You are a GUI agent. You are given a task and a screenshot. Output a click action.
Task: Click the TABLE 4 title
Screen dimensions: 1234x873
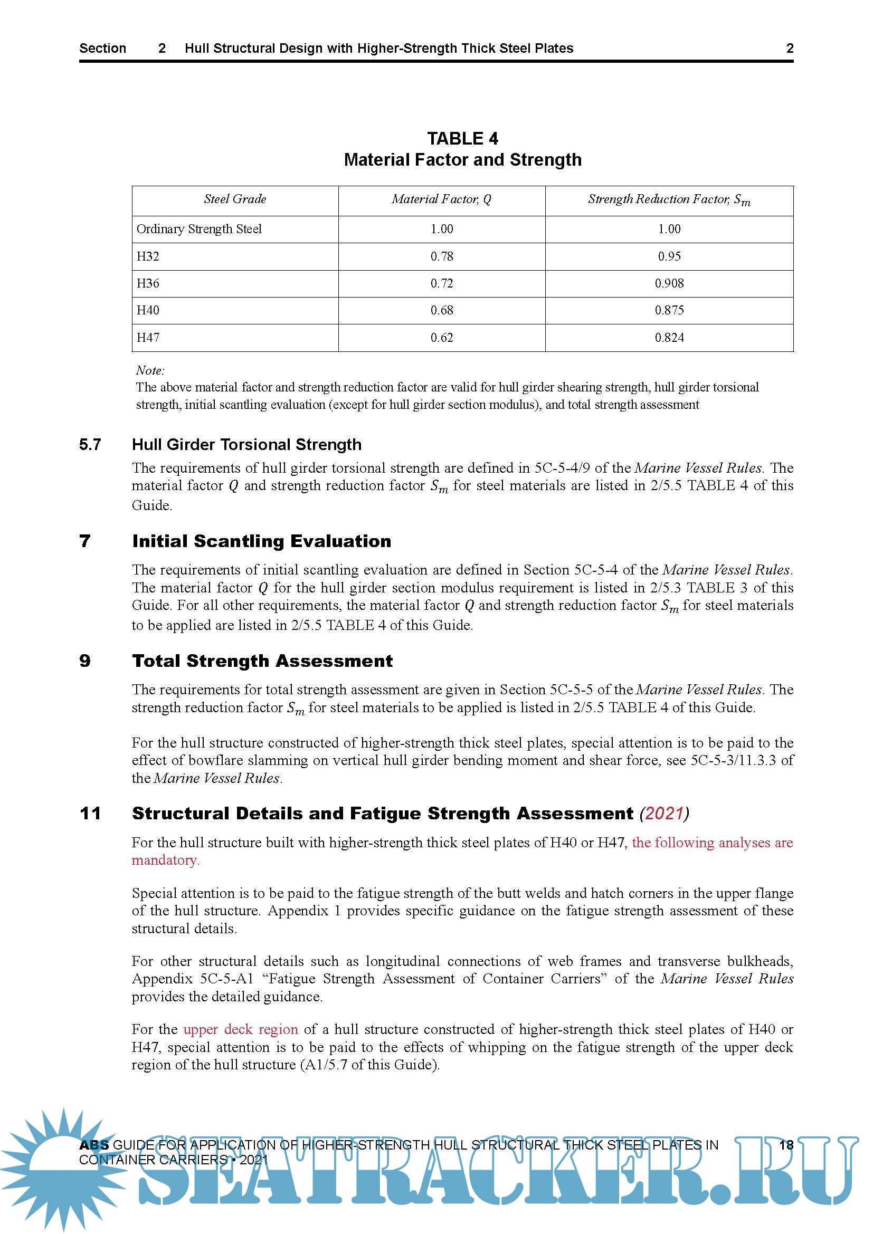[x=462, y=139]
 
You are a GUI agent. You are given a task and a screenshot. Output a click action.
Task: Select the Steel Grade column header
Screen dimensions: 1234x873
[x=235, y=199]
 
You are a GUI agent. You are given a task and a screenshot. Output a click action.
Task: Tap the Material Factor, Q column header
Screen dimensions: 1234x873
[x=441, y=199]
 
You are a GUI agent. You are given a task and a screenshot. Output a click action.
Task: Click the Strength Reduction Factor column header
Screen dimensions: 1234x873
[x=669, y=199]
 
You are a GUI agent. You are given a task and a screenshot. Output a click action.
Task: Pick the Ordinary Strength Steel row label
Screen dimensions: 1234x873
[x=199, y=229]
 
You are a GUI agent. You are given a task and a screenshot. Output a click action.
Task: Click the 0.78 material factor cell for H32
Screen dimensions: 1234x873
[x=441, y=256]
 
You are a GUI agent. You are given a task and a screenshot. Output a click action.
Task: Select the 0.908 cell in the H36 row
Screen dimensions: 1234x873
[x=669, y=283]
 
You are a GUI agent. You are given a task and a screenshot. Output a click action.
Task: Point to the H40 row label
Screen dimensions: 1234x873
[x=148, y=310]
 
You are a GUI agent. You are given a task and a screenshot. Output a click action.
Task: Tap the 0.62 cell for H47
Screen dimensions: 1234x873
[x=441, y=338]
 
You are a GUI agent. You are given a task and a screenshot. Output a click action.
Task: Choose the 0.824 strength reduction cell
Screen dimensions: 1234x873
[x=669, y=338]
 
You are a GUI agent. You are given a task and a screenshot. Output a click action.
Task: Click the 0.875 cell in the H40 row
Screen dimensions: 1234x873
[x=669, y=310]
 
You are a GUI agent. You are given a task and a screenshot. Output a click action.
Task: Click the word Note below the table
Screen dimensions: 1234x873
[x=150, y=370]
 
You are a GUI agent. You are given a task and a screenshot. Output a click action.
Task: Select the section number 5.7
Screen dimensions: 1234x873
[x=90, y=444]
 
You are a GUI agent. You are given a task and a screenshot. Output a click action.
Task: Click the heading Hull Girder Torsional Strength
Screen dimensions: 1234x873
[x=246, y=444]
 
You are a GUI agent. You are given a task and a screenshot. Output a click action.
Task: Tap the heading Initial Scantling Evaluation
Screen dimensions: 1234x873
[x=262, y=541]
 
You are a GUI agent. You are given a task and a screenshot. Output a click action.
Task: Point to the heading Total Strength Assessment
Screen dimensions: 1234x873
[x=262, y=661]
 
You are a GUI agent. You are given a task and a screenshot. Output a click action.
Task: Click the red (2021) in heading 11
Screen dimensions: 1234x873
[x=665, y=814]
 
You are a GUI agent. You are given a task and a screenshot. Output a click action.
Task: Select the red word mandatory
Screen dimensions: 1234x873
[x=166, y=860]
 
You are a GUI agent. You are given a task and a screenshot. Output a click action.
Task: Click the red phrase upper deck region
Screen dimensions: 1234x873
[x=241, y=1029]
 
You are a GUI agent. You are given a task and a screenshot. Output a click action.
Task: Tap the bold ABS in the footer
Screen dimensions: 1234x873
[x=93, y=1145]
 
